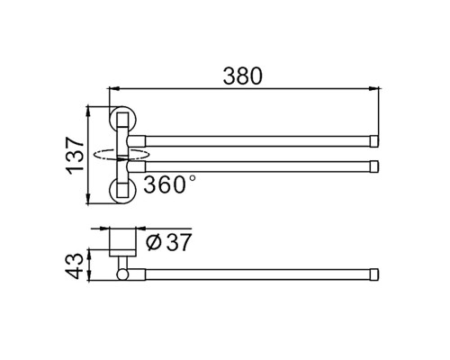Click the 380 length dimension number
[x=243, y=76]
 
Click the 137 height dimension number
[x=75, y=156]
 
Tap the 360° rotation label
[x=170, y=184]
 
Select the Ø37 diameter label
[x=168, y=242]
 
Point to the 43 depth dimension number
[x=74, y=265]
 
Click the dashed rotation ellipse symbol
[x=121, y=156]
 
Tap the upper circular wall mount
[x=122, y=119]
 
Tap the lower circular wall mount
[x=122, y=191]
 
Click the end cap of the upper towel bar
[x=374, y=141]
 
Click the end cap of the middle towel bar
[x=374, y=166]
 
